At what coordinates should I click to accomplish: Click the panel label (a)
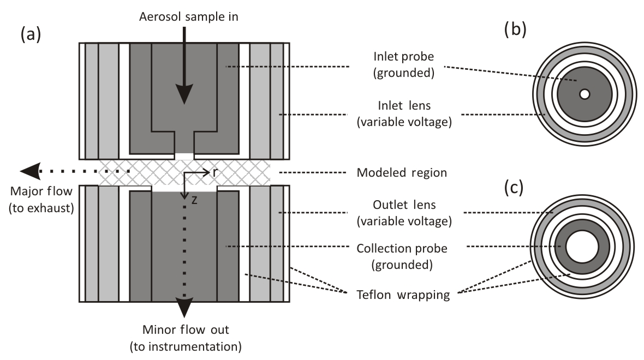[x=31, y=34]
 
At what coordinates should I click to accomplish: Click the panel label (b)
[x=515, y=29]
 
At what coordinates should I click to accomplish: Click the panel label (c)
[x=514, y=188]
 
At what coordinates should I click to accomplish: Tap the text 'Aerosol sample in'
[x=188, y=17]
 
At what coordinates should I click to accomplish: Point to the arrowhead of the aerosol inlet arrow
[x=184, y=94]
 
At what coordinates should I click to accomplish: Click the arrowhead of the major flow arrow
[x=30, y=171]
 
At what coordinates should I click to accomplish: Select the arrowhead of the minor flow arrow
[x=184, y=308]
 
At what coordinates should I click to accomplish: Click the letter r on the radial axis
[x=215, y=172]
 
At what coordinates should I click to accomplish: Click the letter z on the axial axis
[x=194, y=200]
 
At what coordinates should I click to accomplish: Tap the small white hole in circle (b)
[x=585, y=94]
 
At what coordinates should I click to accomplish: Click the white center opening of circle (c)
[x=582, y=247]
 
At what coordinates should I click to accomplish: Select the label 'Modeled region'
[x=402, y=172]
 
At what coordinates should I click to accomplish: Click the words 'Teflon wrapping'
[x=403, y=295]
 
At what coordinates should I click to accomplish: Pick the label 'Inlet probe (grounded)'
[x=404, y=64]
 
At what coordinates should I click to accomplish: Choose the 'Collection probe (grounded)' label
[x=402, y=256]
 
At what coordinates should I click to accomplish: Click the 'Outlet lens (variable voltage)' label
[x=404, y=213]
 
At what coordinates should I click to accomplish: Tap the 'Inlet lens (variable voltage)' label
[x=404, y=113]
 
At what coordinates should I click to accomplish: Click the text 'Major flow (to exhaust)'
[x=41, y=200]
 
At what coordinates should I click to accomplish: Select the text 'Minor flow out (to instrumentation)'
[x=186, y=338]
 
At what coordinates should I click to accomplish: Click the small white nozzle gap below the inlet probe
[x=184, y=156]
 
